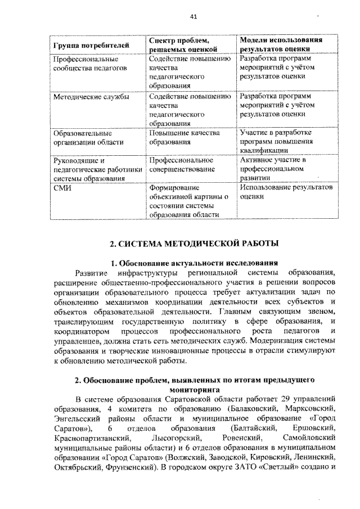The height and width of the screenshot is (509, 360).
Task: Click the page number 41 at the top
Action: (x=193, y=17)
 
